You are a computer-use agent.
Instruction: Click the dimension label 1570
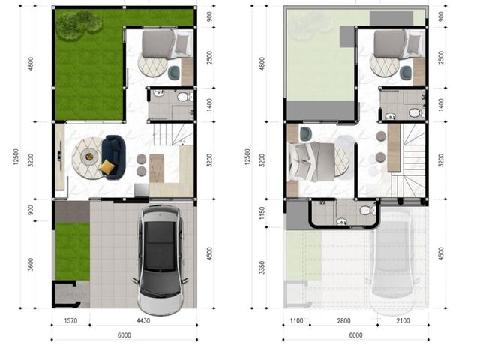[70, 320]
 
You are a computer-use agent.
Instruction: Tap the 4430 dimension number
[143, 320]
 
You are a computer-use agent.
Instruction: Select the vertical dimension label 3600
[30, 265]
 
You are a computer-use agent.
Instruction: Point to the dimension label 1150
[262, 213]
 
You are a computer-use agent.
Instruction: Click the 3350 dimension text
[262, 267]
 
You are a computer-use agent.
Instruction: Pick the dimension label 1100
[296, 320]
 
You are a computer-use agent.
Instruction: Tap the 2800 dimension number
[343, 320]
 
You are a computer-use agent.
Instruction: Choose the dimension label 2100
[403, 320]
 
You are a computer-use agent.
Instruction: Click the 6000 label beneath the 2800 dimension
[355, 335]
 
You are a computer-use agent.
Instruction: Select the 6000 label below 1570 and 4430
[124, 335]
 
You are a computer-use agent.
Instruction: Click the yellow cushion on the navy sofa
[106, 166]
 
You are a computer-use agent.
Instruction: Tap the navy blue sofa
[113, 157]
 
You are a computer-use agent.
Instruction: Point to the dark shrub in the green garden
[78, 25]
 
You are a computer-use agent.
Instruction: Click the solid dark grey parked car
[160, 259]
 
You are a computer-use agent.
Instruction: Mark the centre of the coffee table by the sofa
[89, 157]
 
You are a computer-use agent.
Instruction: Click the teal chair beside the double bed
[306, 134]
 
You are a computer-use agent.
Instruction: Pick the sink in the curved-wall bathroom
[341, 221]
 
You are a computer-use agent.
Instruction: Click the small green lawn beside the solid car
[73, 251]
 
